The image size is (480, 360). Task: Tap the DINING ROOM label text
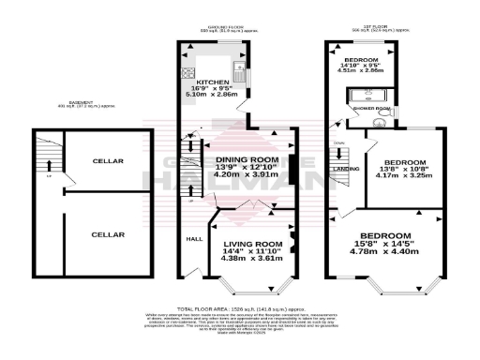tap(245, 159)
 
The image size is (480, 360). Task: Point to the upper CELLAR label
tap(108, 162)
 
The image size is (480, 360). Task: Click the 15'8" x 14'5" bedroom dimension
tap(386, 243)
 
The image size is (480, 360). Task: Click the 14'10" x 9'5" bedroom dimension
tap(362, 64)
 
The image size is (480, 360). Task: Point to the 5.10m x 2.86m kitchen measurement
tap(214, 96)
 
